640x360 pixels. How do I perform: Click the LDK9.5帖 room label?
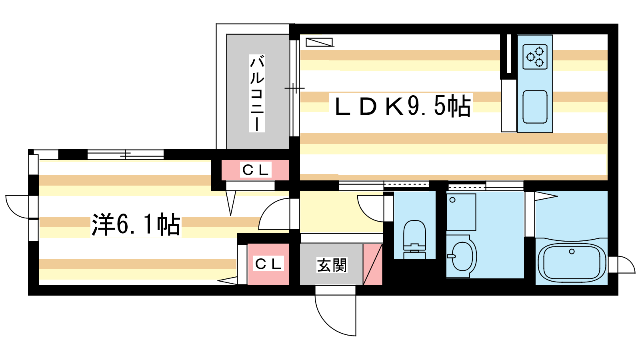[x=402, y=106]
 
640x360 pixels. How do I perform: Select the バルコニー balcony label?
[x=257, y=94]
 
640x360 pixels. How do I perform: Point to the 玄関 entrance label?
[x=332, y=265]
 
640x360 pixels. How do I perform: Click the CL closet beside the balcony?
[x=256, y=170]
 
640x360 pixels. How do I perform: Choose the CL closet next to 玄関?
[x=268, y=264]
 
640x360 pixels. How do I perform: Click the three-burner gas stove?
[x=535, y=57]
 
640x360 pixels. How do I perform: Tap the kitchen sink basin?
[x=535, y=107]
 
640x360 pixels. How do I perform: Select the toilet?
[x=414, y=238]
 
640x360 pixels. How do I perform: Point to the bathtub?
[x=571, y=262]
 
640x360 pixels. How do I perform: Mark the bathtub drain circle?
[x=572, y=252]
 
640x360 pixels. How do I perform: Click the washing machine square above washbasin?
[x=461, y=212]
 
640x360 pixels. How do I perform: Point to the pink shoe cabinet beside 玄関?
[x=373, y=264]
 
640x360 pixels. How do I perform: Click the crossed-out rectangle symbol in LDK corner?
[x=319, y=42]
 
